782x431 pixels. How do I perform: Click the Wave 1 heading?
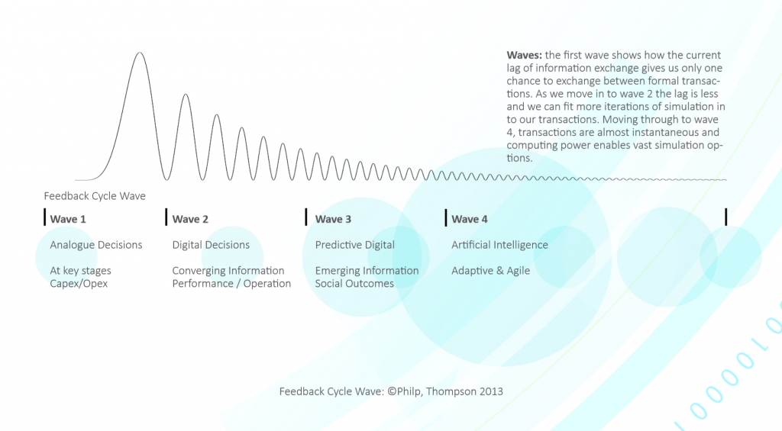[68, 220]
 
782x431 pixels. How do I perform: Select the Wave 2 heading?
[190, 220]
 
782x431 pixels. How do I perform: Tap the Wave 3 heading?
[333, 220]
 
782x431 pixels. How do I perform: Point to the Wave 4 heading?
[470, 220]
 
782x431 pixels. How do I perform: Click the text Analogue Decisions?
[96, 245]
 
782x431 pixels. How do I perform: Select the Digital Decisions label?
[211, 245]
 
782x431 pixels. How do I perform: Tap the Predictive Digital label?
[355, 245]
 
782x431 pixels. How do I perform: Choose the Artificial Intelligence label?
[499, 245]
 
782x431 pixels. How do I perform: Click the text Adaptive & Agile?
[490, 271]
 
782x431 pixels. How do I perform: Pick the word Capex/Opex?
[79, 284]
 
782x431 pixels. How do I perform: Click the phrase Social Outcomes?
[354, 284]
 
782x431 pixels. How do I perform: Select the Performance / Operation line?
[231, 284]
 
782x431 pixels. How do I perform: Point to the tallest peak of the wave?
[139, 53]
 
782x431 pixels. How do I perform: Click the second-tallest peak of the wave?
[186, 95]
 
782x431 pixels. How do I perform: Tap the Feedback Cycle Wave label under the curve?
[95, 196]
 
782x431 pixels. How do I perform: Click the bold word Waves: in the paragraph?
[524, 56]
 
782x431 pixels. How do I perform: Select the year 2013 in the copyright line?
[491, 391]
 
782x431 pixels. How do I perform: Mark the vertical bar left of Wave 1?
[44, 217]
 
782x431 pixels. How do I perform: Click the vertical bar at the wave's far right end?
[725, 217]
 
